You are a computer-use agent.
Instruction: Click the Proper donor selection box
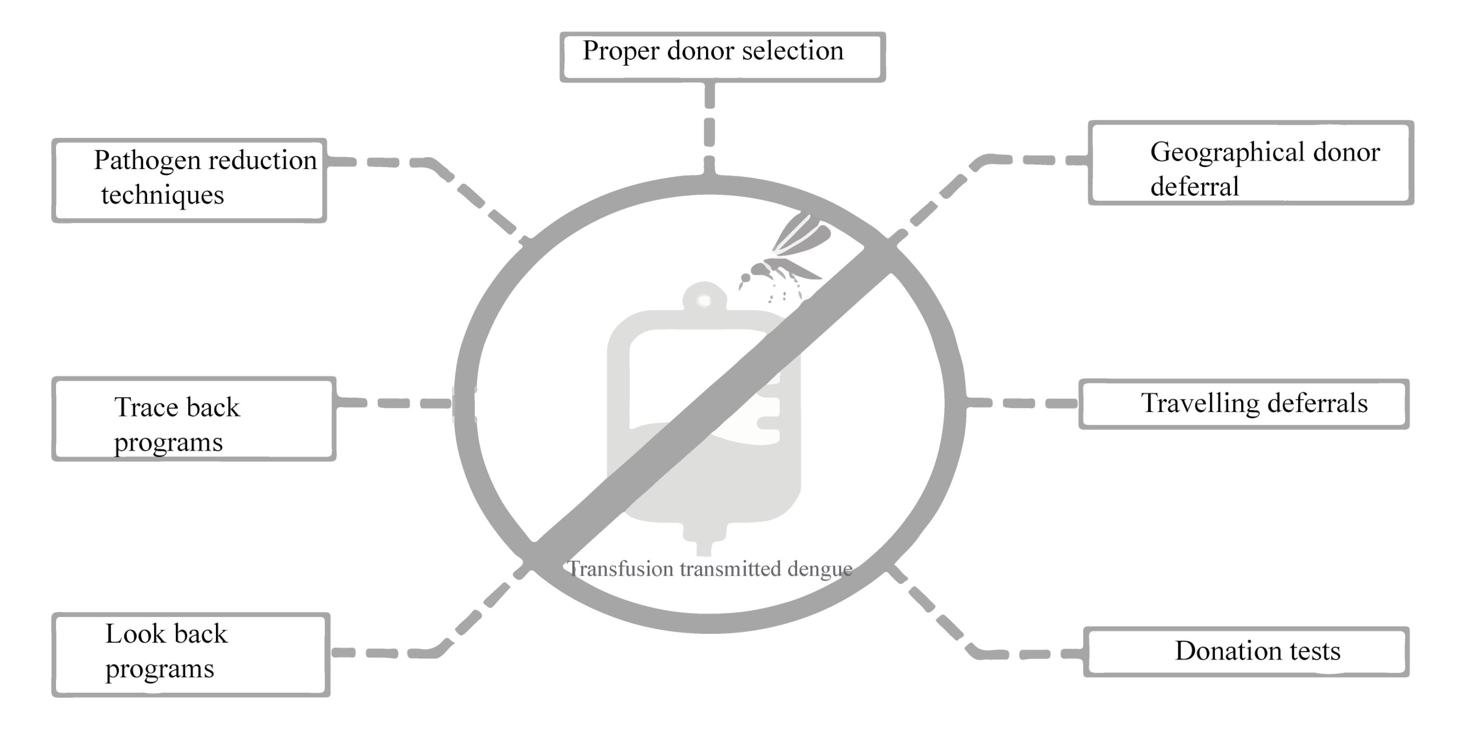click(722, 57)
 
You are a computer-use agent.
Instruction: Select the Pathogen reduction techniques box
click(189, 180)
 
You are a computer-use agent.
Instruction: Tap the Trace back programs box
click(194, 419)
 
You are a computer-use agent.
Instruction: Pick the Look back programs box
click(190, 654)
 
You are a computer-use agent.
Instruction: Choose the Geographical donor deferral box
click(1250, 163)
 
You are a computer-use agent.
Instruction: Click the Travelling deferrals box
click(1243, 403)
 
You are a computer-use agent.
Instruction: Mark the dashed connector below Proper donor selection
click(710, 129)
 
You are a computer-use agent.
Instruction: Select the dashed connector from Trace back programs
click(397, 403)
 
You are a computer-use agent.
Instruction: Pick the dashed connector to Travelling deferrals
click(1023, 403)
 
